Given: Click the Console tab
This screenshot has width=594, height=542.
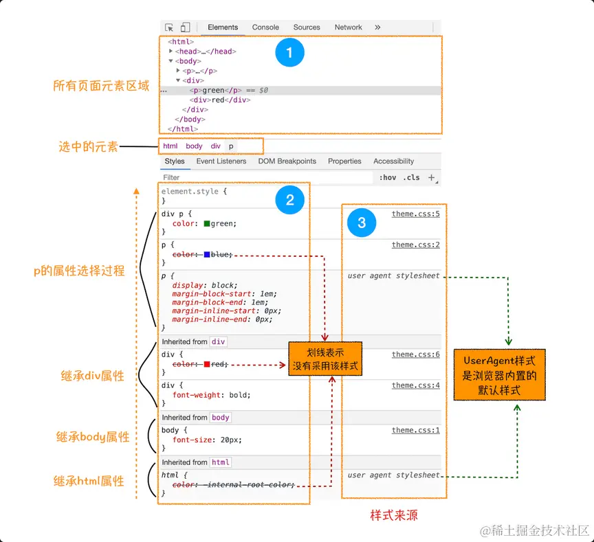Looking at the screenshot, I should tap(265, 27).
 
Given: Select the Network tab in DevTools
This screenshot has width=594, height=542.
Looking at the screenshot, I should tap(348, 27).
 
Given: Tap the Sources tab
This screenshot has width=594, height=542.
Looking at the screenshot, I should tap(307, 27).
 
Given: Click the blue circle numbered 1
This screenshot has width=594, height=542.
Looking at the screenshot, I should tap(289, 53).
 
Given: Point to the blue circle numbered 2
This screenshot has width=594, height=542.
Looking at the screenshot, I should tap(289, 200).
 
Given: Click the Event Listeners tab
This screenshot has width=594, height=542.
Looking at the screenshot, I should tap(221, 161).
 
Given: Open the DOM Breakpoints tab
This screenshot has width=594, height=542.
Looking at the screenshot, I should tap(287, 161).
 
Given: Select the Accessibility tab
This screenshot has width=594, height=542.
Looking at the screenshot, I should tap(393, 161).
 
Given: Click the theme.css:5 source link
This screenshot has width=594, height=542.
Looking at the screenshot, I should tap(415, 214).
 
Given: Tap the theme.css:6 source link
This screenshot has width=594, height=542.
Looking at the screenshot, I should tap(415, 355).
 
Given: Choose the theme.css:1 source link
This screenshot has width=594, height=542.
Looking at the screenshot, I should tap(415, 431).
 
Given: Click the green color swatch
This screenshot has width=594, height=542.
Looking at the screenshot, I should tap(207, 224).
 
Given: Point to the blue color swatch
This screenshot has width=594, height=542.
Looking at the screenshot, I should tap(207, 255).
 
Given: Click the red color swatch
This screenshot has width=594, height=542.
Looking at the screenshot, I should tap(207, 365).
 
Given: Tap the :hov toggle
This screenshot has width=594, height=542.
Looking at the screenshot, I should tap(388, 177).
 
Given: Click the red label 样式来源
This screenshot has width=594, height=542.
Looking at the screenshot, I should tap(394, 515).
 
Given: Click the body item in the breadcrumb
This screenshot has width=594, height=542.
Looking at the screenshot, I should tap(194, 146).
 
